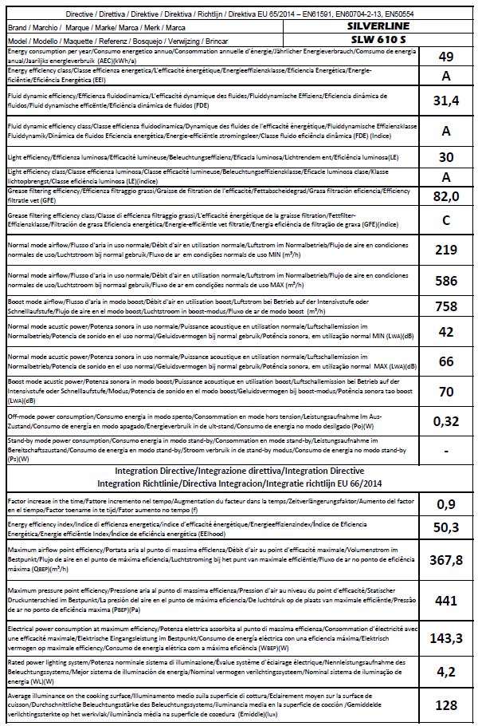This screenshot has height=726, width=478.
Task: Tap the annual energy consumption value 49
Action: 446,56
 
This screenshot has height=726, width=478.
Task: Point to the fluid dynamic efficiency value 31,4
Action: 446,101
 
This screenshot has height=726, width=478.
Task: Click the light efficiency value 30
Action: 446,157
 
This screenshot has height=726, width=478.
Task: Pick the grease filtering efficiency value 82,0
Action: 446,196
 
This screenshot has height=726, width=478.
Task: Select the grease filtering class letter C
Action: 446,219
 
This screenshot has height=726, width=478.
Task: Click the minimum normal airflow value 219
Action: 446,250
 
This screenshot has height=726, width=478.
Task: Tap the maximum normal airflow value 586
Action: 446,280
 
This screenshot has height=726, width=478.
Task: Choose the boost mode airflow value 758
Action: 446,307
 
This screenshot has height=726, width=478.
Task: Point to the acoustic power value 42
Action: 446,332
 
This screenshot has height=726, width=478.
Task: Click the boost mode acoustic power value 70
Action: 446,391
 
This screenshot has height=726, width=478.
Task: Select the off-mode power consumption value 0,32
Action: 446,420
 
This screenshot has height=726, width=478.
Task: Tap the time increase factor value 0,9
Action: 446,504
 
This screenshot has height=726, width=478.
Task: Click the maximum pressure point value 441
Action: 446,599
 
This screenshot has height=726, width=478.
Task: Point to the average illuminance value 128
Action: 446,704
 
